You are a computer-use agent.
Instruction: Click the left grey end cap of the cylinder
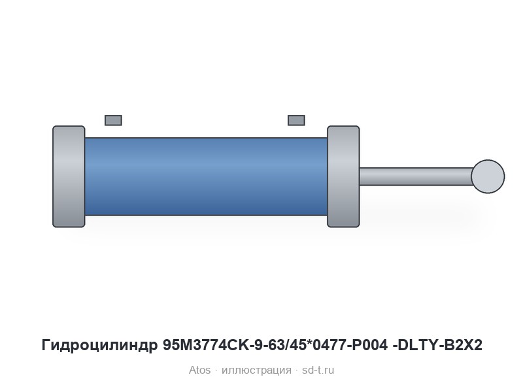(69, 176)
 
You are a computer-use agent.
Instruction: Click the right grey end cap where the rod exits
(343, 176)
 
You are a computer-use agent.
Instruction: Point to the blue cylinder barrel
(206, 176)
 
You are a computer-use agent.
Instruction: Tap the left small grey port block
(113, 120)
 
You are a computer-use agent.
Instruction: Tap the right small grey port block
(296, 120)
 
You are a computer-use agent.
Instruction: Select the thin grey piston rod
(416, 176)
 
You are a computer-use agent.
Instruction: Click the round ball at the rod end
(488, 176)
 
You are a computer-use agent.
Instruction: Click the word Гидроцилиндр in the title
(99, 346)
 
